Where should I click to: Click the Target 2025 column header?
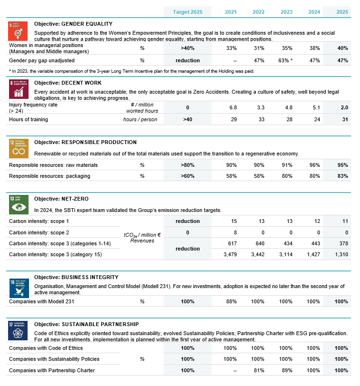tap(187, 11)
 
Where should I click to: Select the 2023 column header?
tap(287, 11)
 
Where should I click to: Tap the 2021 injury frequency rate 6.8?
tap(233, 108)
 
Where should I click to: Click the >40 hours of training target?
tap(187, 119)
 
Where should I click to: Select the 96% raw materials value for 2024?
tap(313, 165)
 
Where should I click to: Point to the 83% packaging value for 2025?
tap(341, 176)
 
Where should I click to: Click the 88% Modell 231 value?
tap(232, 301)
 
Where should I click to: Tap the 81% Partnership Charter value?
tap(259, 370)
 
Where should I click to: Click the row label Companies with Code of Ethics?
tap(39, 348)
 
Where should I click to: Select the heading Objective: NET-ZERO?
tap(61, 198)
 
